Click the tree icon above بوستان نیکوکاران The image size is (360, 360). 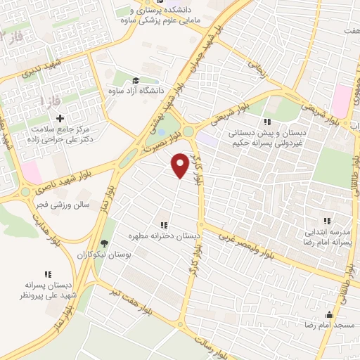pos(105,243)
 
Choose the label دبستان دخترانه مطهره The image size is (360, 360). pos(163,237)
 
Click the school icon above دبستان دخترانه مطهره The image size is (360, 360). pos(163,225)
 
